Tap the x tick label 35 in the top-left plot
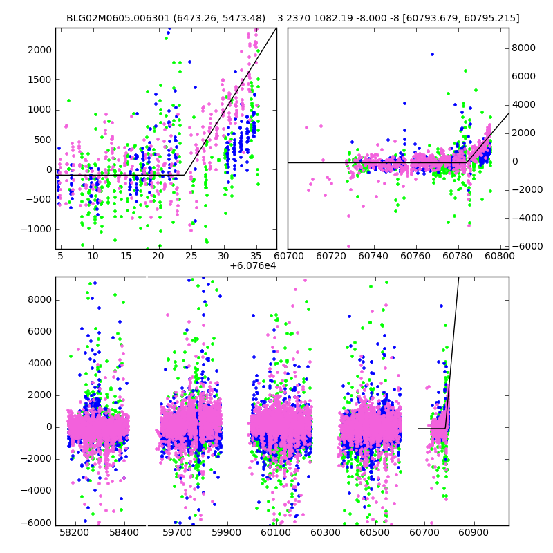click(256, 255)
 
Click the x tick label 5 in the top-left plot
click(60, 255)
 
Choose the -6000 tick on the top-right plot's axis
click(526, 246)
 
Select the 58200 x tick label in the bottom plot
click(75, 533)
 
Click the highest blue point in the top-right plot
click(432, 54)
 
